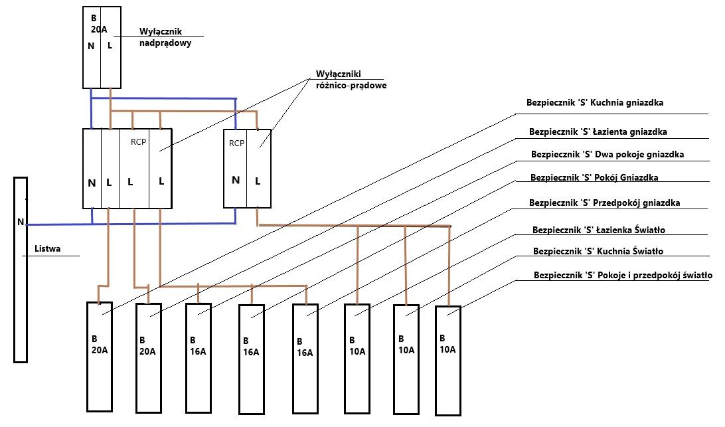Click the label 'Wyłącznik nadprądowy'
point(165,37)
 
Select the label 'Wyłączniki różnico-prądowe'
point(351,80)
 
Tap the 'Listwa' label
point(47,248)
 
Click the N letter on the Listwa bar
point(21,222)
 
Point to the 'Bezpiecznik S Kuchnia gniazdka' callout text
point(595,103)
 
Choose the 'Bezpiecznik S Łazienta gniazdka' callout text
point(598,132)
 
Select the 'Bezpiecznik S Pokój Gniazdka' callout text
point(594,178)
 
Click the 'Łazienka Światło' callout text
point(631,230)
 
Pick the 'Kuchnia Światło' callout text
point(630,251)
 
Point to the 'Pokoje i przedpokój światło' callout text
point(655,276)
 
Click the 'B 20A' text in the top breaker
point(98,24)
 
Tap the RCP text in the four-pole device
point(138,142)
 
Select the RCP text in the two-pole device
point(236,143)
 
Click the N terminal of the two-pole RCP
point(235,180)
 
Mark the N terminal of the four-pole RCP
point(92,183)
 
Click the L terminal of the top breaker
point(110,45)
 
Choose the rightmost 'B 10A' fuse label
point(447,344)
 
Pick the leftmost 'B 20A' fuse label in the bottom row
point(100,345)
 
